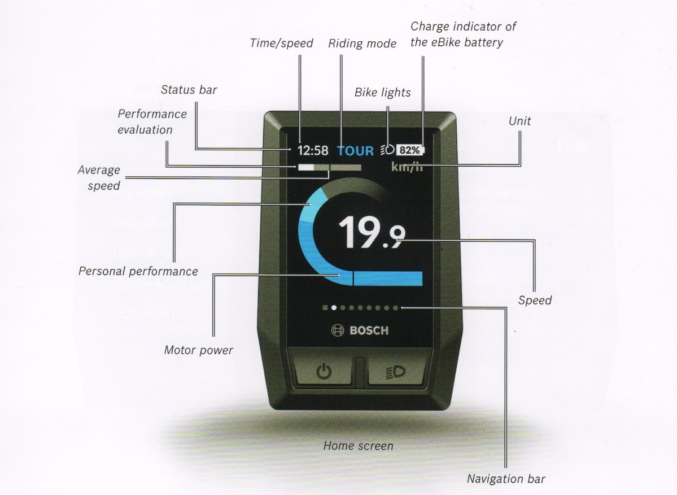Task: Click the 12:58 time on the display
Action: point(313,151)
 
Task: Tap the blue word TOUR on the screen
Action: point(356,151)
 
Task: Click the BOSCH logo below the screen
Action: point(360,331)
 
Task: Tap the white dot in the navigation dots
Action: point(334,308)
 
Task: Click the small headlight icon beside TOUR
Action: point(387,150)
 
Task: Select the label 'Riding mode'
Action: point(362,44)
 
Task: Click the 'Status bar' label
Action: point(189,90)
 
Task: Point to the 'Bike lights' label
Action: point(382,92)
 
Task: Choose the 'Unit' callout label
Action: point(519,121)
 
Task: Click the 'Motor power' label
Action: point(198,350)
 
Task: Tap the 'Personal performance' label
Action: point(138,271)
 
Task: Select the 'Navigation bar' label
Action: point(506,479)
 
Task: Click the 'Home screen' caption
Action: point(358,446)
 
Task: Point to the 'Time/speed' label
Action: point(281,44)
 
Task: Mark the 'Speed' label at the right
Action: point(535,300)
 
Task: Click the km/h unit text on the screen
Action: point(407,167)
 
